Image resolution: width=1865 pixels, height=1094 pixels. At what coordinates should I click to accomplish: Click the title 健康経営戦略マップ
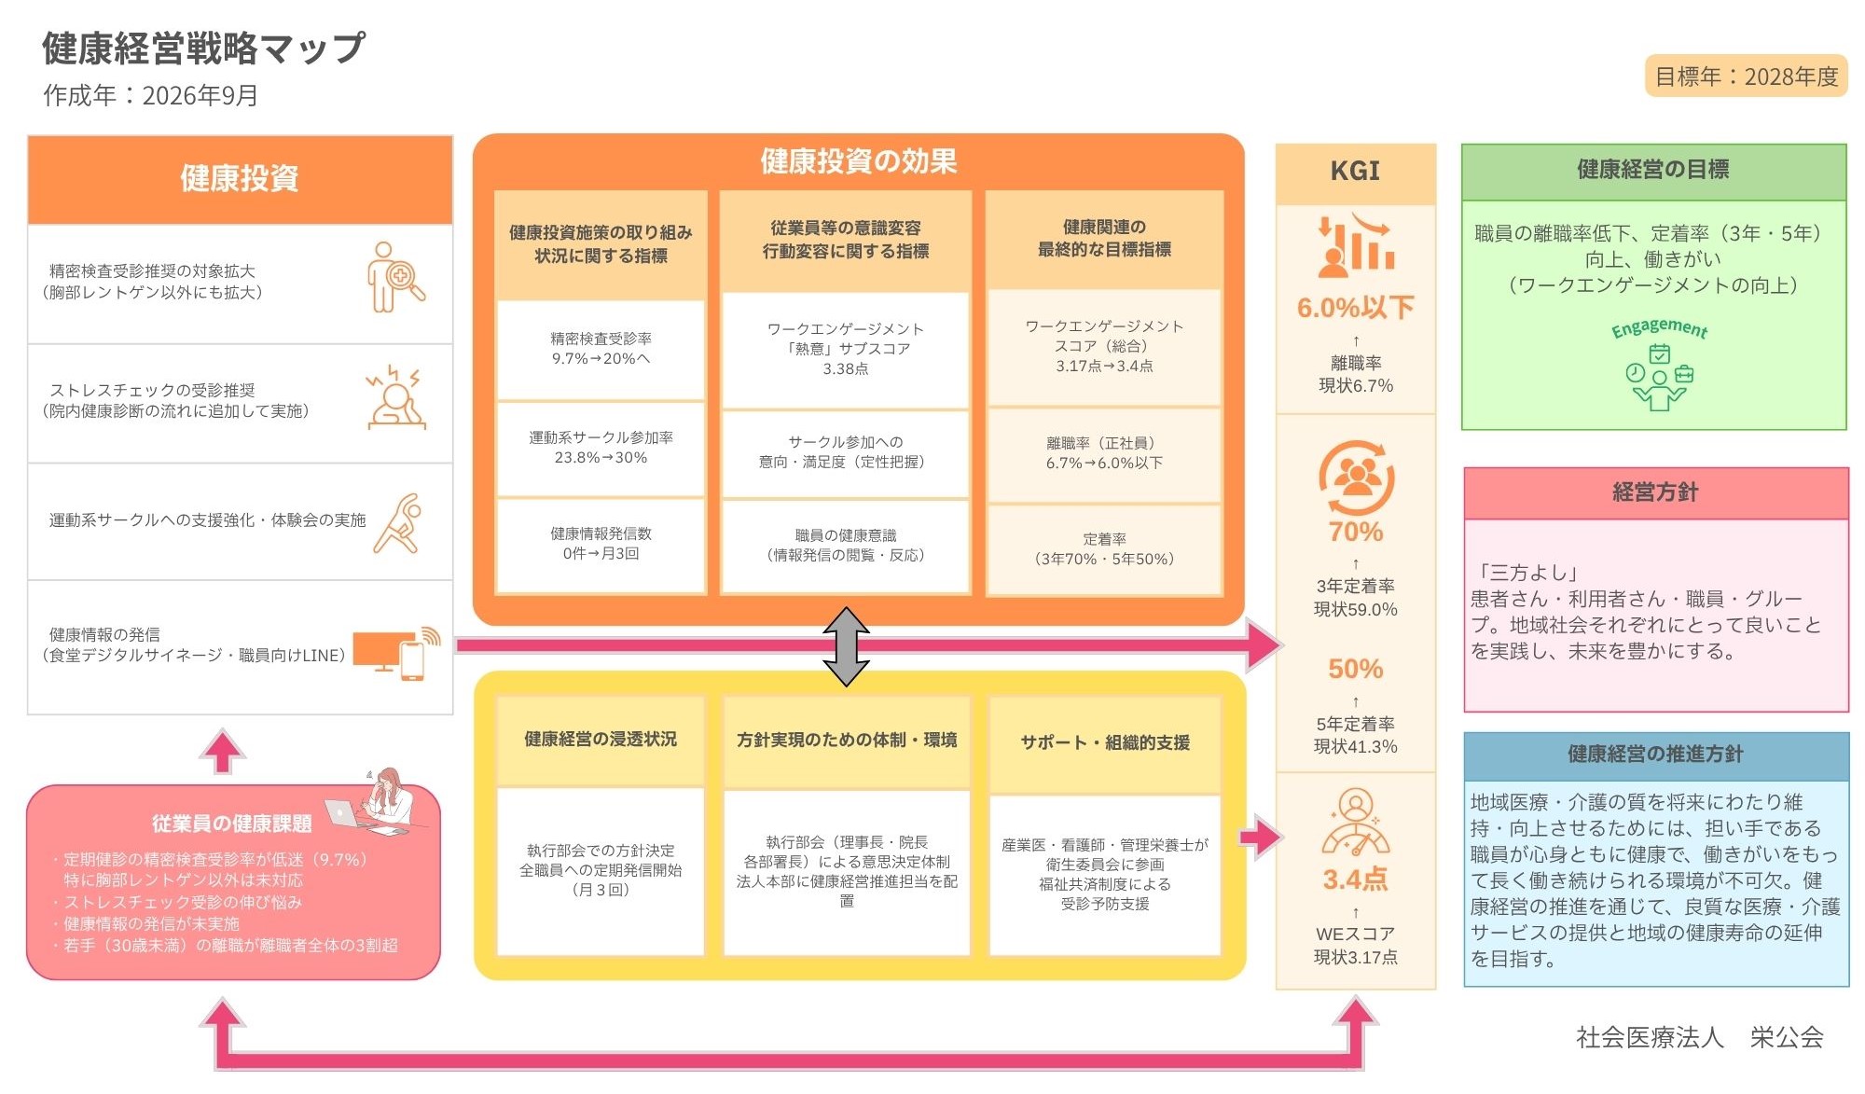203,48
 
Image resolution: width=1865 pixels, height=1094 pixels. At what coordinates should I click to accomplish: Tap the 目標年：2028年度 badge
1746,76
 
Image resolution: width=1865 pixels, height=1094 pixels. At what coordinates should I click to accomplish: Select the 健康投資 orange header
240,178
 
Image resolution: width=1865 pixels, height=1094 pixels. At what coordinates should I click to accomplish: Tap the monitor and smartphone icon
396,652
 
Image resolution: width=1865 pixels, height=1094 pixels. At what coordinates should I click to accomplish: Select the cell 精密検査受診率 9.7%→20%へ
601,349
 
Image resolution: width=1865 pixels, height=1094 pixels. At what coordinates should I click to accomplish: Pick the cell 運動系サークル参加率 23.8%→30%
601,448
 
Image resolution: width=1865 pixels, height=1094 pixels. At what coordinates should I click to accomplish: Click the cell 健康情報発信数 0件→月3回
601,544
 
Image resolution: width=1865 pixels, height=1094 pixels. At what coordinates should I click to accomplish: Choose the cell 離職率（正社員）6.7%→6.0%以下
1104,453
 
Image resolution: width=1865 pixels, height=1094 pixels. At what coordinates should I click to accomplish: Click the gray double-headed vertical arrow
846,646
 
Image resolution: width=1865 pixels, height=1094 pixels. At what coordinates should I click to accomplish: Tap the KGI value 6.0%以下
1355,308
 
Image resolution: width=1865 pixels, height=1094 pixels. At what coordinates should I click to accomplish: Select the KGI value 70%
1356,532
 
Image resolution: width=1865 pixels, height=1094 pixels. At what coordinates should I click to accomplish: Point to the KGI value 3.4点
1355,879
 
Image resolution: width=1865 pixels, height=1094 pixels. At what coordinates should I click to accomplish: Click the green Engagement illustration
1659,365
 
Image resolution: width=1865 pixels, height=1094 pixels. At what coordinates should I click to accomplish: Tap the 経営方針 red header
1655,492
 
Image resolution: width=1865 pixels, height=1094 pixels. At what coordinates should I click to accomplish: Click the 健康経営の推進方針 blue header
1655,755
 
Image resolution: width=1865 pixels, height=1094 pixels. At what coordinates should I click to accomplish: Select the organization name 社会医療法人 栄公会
1699,1037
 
